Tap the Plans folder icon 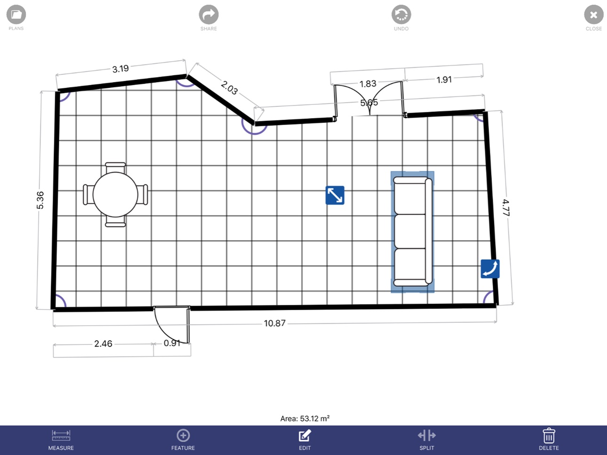point(16,14)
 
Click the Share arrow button point(208,15)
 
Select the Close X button point(593,15)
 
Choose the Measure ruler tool point(61,435)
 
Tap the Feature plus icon point(183,435)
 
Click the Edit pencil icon point(305,435)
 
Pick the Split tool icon point(427,435)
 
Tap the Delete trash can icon point(549,435)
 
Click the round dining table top point(115,195)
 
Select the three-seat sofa point(412,231)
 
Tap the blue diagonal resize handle point(335,195)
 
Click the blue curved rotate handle point(490,269)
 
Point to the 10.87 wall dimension point(274,323)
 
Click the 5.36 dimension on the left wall point(40,200)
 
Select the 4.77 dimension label point(506,208)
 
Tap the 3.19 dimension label point(120,69)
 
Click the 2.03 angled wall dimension point(229,88)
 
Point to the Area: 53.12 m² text point(305,418)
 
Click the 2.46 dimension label point(103,343)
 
